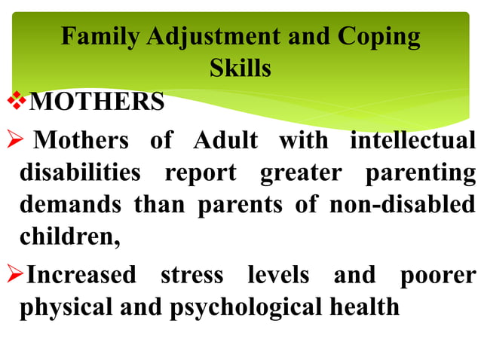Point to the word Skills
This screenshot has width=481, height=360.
pyautogui.click(x=240, y=69)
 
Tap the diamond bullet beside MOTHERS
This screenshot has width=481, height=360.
pyautogui.click(x=23, y=100)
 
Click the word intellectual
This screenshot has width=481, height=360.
pyautogui.click(x=412, y=141)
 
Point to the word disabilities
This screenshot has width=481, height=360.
pyautogui.click(x=79, y=173)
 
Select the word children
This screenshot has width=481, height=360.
pyautogui.click(x=69, y=238)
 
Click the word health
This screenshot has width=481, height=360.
pyautogui.click(x=363, y=307)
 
